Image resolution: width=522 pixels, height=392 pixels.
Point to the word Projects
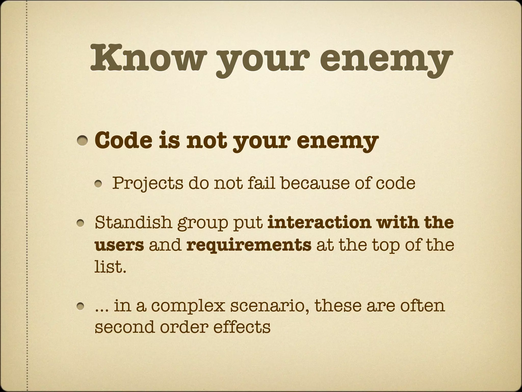pyautogui.click(x=148, y=183)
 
